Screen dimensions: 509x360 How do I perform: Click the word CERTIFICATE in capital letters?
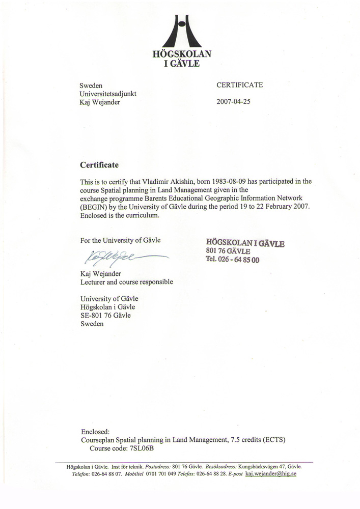(x=240, y=85)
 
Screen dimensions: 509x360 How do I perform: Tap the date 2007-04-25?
(x=234, y=101)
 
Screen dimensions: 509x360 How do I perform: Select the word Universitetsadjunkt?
(x=108, y=94)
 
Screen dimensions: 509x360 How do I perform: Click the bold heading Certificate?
(x=99, y=165)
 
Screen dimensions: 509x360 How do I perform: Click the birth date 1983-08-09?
(x=245, y=181)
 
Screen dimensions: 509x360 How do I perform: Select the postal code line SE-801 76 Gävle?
(x=105, y=316)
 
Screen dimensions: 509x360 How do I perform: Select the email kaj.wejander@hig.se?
(x=270, y=473)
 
